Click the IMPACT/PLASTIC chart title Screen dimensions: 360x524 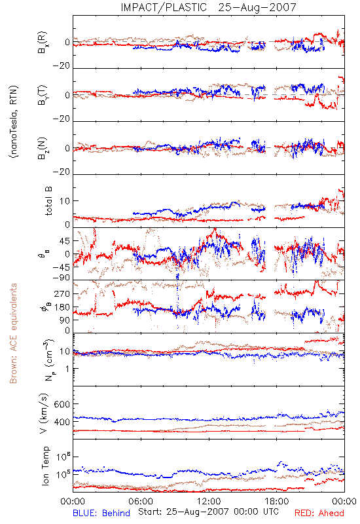tap(208, 7)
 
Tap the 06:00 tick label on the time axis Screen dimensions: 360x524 tap(141, 501)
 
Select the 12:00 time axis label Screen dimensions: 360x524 tap(209, 501)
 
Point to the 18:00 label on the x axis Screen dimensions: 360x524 tap(277, 501)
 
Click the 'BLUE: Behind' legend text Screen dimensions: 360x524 tap(101, 513)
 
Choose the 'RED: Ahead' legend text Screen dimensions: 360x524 tap(319, 513)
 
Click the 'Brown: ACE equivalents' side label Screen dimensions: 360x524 tap(13, 333)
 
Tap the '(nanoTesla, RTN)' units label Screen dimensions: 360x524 tap(14, 122)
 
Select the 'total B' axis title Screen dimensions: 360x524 tap(48, 201)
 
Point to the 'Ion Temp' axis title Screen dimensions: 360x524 tap(45, 466)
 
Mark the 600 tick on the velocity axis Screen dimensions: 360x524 tap(62, 404)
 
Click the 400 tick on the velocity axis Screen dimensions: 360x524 tap(62, 422)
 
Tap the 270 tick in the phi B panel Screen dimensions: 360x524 tap(62, 294)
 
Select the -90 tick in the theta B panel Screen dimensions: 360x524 tap(61, 278)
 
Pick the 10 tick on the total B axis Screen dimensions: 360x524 tap(65, 201)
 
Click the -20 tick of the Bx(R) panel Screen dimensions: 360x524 tap(61, 66)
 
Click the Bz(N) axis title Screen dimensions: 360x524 tap(43, 148)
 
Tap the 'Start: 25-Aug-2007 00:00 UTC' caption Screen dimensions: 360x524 tap(208, 512)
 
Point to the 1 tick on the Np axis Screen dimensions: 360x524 tap(67, 369)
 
